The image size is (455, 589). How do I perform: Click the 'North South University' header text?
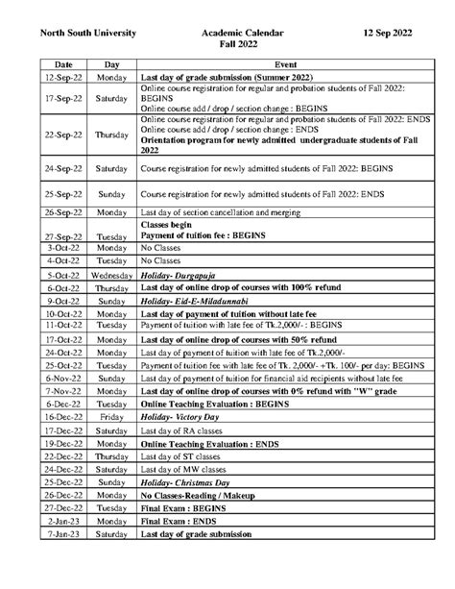coord(87,33)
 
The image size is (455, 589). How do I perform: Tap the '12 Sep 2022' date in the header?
coord(389,33)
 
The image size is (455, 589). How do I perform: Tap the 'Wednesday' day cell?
coord(111,275)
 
